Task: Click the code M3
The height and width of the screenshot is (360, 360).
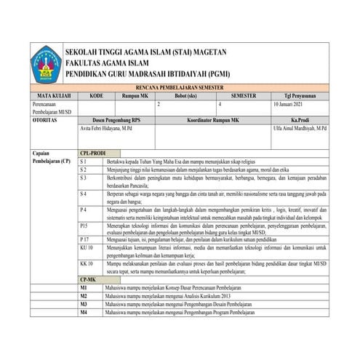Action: pyautogui.click(x=84, y=304)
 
